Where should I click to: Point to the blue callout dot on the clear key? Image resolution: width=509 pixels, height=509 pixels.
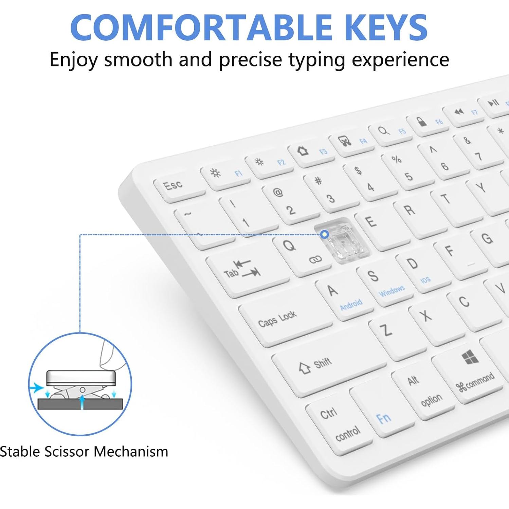tap(325, 234)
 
